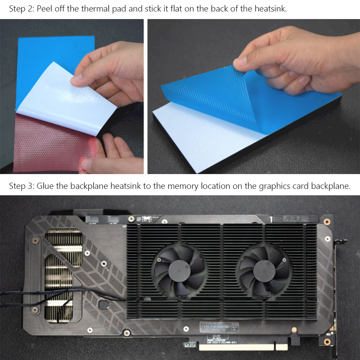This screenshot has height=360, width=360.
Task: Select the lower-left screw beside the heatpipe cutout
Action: pyautogui.click(x=35, y=310)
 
